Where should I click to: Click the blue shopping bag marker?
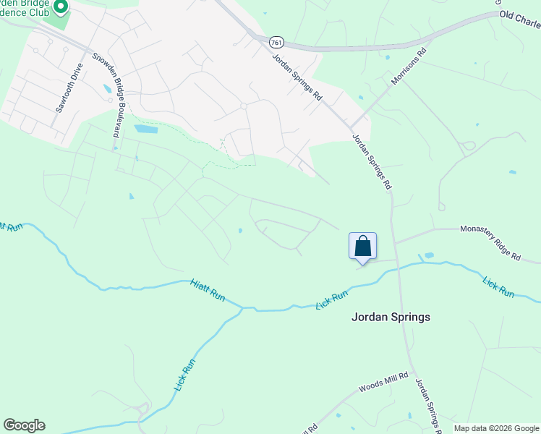362,246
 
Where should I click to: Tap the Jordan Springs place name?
391,317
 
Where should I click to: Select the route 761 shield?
276,43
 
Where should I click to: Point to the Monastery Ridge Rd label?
490,242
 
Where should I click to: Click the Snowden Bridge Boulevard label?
105,95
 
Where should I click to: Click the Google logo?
24,425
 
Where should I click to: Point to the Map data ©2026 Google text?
497,428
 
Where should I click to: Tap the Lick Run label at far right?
498,286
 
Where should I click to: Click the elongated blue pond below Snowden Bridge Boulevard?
145,129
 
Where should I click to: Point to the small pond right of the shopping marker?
429,255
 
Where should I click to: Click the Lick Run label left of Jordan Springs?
333,299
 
